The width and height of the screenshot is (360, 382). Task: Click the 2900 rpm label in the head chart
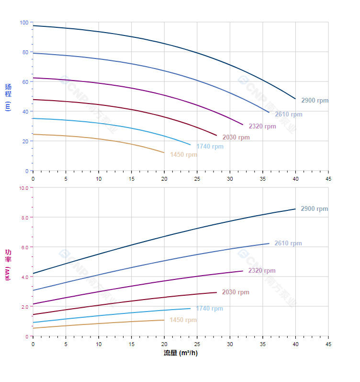(315, 101)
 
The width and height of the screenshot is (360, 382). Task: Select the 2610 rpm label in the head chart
(288, 115)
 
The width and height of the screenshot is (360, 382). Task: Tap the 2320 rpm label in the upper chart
(262, 127)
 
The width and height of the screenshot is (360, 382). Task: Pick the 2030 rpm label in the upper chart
(236, 138)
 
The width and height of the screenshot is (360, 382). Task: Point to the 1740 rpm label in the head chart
(210, 147)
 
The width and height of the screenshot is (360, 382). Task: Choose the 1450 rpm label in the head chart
(183, 155)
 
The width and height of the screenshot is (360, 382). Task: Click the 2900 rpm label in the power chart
(314, 209)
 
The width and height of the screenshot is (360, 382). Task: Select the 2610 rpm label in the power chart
(288, 243)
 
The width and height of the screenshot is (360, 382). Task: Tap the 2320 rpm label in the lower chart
(262, 271)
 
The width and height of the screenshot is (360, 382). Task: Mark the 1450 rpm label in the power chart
(183, 320)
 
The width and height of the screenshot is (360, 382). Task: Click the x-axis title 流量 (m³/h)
(180, 353)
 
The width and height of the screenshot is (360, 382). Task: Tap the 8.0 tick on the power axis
(25, 218)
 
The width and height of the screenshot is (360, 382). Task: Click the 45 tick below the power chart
(328, 344)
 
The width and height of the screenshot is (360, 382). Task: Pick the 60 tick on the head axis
(25, 82)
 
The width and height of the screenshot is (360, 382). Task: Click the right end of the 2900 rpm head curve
(295, 99)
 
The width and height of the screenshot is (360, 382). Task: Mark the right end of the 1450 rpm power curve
(164, 320)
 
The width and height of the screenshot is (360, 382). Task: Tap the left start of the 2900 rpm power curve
(33, 274)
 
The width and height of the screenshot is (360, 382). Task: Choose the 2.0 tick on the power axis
(25, 306)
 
